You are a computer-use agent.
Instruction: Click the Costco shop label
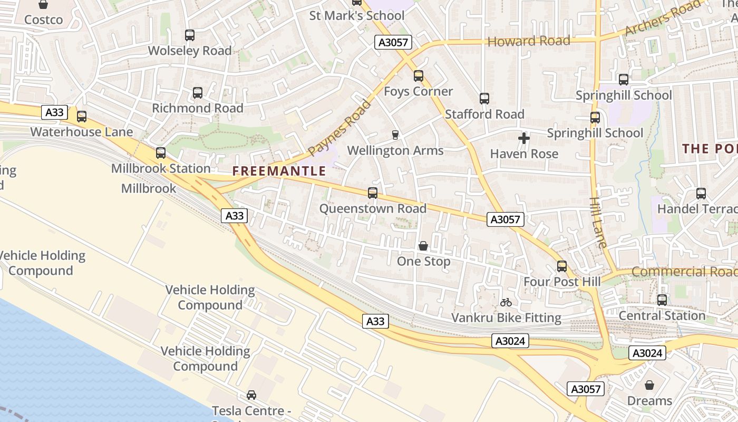coord(43,20)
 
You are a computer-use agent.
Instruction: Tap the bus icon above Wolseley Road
coord(190,35)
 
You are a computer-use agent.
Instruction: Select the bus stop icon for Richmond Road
coord(198,93)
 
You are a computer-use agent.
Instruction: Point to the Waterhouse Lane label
coord(81,131)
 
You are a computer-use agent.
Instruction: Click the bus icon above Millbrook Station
coord(161,153)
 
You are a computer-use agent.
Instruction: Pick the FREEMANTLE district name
coord(279,171)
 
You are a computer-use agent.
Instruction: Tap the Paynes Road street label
coord(339,128)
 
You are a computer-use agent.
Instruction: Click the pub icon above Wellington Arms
coord(395,135)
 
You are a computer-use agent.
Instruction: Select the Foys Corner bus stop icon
coord(419,76)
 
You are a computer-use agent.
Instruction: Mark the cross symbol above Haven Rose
coord(524,138)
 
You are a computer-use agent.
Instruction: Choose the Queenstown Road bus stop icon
coord(373,193)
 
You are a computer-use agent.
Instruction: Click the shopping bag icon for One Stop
coord(423,246)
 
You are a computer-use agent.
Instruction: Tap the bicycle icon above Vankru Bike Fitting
coord(506,302)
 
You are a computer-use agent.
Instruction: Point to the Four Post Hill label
coord(562,282)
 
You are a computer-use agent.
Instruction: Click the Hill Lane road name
coord(598,222)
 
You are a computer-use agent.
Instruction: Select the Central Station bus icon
coord(662,300)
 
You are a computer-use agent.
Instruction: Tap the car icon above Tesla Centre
coord(251,395)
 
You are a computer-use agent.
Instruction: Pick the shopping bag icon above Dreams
coord(649,385)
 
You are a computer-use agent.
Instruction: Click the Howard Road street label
coord(529,41)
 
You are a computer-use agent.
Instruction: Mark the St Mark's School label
coord(357,15)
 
